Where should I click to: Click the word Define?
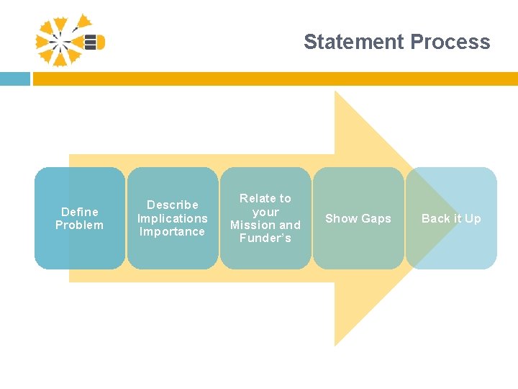[80, 212]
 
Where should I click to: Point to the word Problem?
[80, 225]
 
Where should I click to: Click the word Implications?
[173, 218]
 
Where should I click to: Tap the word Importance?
[173, 231]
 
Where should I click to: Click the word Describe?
[173, 205]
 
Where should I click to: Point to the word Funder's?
[265, 238]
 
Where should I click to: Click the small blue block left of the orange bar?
[14, 79]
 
